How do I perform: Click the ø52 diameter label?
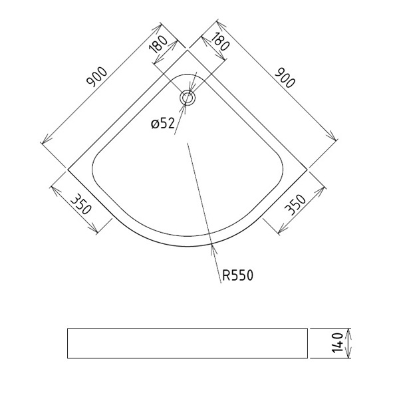pyautogui.click(x=163, y=124)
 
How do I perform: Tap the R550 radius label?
pyautogui.click(x=237, y=275)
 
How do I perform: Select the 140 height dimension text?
pyautogui.click(x=337, y=342)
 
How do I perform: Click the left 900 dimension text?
pyautogui.click(x=97, y=76)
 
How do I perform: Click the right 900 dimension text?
pyautogui.click(x=285, y=77)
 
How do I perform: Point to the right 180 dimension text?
pyautogui.click(x=220, y=41)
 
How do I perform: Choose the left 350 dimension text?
pyautogui.click(x=80, y=204)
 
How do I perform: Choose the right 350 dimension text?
pyautogui.click(x=295, y=205)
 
